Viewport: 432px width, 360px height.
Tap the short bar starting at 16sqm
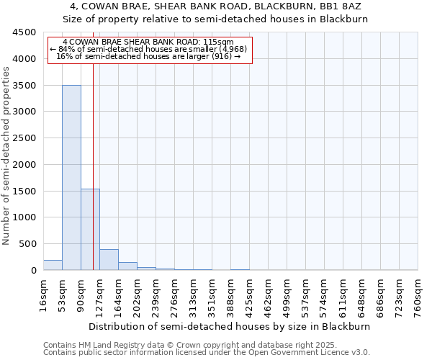[53, 265]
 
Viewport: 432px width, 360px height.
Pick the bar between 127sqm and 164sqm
[109, 260]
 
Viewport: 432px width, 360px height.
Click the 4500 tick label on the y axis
[24, 32]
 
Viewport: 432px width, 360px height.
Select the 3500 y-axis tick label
[24, 86]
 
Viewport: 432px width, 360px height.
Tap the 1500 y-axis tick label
[24, 191]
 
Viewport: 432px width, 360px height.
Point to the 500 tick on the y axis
[27, 244]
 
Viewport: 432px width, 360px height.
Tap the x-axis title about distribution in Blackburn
[230, 326]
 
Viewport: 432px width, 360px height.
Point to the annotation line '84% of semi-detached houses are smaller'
[149, 49]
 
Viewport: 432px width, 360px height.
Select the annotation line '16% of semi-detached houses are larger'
[149, 56]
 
